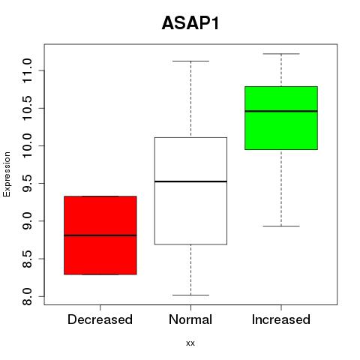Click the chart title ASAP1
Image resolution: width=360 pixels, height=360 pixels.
190,23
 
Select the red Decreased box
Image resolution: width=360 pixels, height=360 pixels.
100,235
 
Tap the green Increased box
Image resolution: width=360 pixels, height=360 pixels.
281,118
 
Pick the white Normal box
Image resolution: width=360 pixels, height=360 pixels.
190,190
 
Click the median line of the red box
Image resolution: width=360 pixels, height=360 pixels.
100,235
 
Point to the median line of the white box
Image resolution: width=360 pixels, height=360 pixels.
190,181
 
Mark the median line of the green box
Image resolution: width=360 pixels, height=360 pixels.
281,111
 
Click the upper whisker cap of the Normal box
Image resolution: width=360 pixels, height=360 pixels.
190,61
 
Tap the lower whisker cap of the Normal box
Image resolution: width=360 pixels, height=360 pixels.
190,295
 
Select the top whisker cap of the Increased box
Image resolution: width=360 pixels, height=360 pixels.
281,54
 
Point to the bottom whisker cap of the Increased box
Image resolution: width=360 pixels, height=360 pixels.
281,226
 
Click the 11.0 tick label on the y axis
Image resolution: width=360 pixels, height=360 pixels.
27,70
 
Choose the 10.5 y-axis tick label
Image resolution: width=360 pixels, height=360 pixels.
27,108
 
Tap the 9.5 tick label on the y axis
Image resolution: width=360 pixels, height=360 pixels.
27,184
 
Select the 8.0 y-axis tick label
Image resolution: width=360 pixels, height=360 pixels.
27,296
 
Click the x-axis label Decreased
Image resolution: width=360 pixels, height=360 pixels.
100,319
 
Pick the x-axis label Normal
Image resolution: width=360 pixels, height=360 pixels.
190,319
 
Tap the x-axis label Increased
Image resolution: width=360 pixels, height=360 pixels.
281,319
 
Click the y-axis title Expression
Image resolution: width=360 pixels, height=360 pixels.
7,174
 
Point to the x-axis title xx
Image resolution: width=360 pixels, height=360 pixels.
190,343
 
